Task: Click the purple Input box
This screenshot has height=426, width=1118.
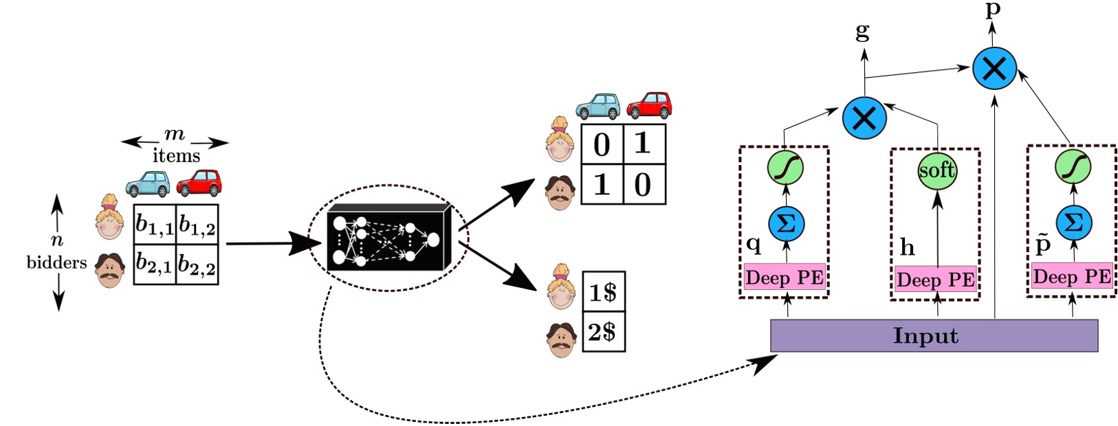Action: point(934,336)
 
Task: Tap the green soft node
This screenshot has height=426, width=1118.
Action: point(937,170)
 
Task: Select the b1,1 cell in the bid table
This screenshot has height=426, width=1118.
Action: point(154,225)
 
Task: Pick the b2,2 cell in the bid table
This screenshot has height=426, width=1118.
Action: point(197,264)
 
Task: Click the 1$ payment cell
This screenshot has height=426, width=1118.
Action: point(604,292)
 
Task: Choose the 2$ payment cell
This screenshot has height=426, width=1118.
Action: point(604,332)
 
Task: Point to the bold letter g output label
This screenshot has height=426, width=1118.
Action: point(862,31)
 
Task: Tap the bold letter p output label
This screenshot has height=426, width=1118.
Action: point(993,10)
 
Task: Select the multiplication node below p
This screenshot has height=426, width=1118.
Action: point(995,68)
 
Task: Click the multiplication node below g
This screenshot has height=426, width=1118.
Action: point(864,117)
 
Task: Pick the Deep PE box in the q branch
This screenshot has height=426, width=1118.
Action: point(785,278)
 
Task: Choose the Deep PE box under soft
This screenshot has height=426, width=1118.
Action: point(936,280)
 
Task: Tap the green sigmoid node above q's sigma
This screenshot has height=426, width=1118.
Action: point(785,168)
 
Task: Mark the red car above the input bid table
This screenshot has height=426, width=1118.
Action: point(199,183)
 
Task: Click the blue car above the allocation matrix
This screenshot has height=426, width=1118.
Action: point(598,106)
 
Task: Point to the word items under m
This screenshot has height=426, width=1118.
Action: point(176,156)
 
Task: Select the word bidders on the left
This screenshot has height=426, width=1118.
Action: point(57,262)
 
